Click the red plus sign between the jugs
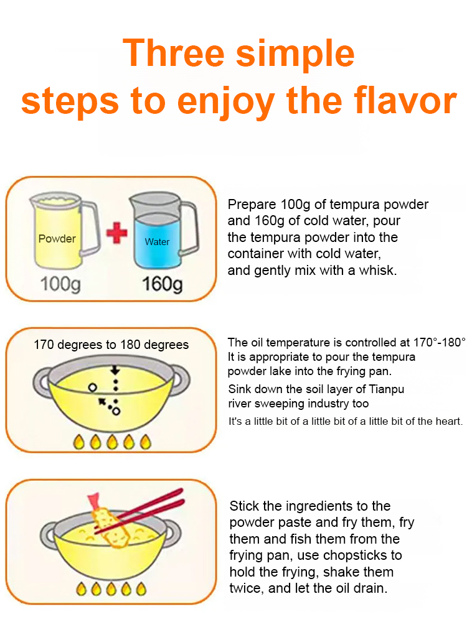[x=117, y=233]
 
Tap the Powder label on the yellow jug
[x=57, y=239]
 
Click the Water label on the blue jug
[x=158, y=241]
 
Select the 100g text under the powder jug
[x=60, y=284]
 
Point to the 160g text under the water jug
[x=163, y=284]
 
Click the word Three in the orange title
[x=174, y=53]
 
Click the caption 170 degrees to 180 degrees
[x=111, y=345]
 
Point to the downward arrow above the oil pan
[x=115, y=370]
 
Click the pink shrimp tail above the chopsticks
[x=94, y=501]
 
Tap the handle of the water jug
[x=190, y=228]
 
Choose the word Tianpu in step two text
[x=387, y=389]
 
